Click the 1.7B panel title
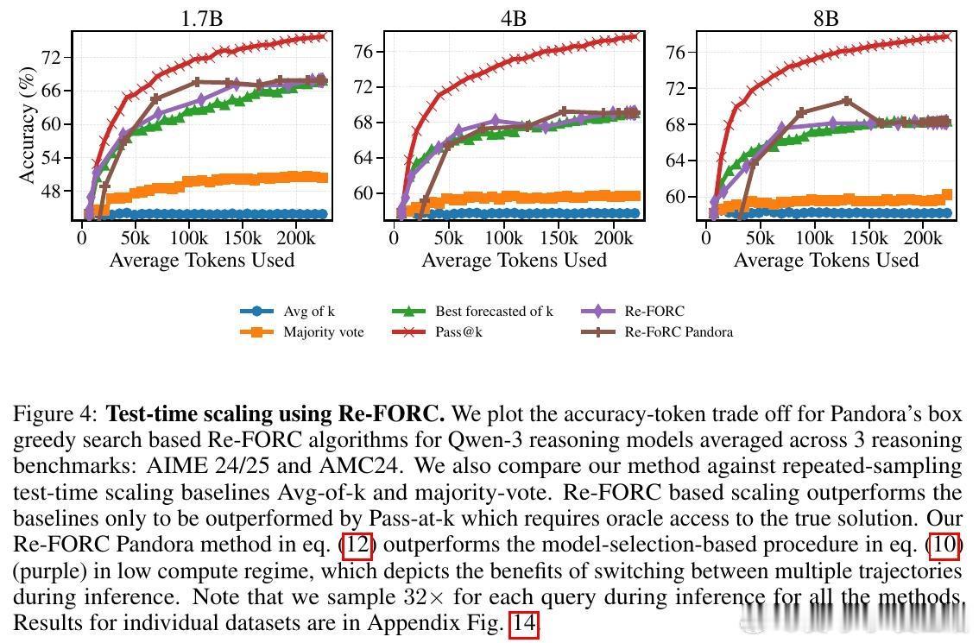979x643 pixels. tap(201, 18)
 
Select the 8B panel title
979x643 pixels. tap(825, 18)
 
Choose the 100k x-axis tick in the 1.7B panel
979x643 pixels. tap(189, 237)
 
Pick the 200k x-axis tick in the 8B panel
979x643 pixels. tap(924, 237)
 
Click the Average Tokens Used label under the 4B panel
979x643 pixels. tap(514, 260)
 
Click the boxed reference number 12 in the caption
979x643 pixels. tap(357, 546)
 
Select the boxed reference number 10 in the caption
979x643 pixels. tap(944, 546)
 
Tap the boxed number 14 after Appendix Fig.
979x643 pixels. tap(524, 624)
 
